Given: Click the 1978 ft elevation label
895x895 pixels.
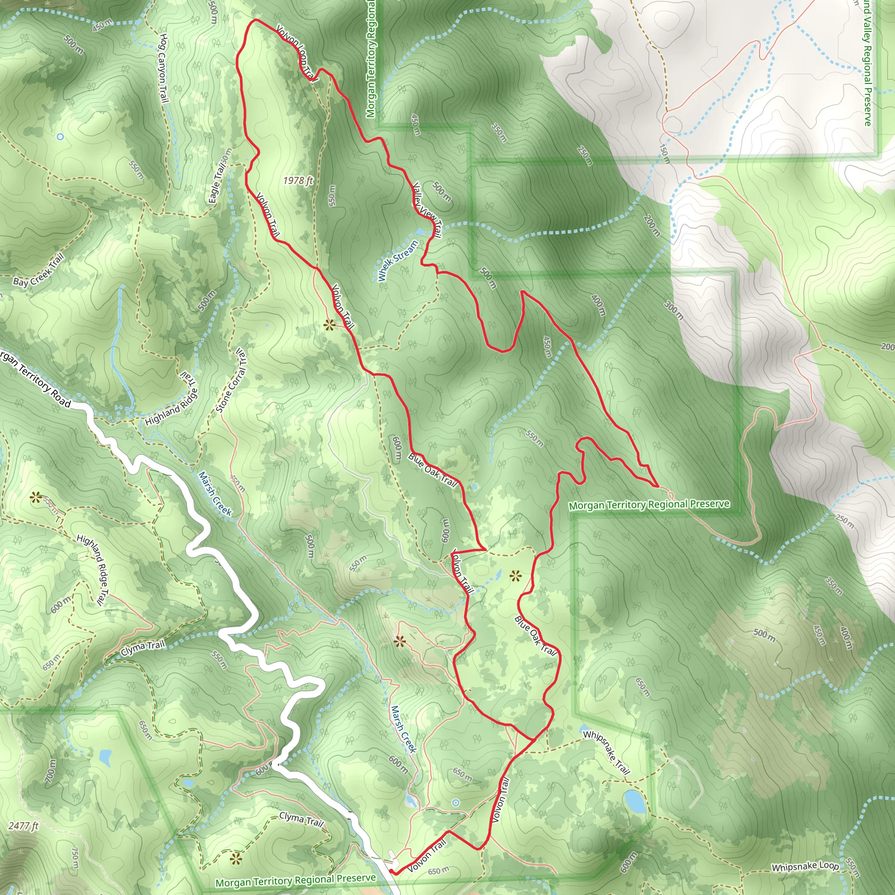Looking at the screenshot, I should (298, 180).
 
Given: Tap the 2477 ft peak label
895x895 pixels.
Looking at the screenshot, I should (24, 826).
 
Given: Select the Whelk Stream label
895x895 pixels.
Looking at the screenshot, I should (398, 260).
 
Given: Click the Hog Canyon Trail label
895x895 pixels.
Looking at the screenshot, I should (163, 68).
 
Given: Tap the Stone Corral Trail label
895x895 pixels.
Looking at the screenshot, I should (231, 381).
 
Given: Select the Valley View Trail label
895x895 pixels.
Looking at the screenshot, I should (427, 209).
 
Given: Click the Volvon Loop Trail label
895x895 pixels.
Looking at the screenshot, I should (296, 53).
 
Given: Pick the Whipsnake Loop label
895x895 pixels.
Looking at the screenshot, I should (805, 866).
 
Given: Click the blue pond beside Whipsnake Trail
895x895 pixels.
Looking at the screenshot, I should (634, 801).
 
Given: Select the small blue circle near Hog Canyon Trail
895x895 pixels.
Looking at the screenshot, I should (60, 137).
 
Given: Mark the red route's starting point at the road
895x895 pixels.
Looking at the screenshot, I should (392, 871).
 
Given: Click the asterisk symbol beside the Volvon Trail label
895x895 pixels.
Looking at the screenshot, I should (330, 325).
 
